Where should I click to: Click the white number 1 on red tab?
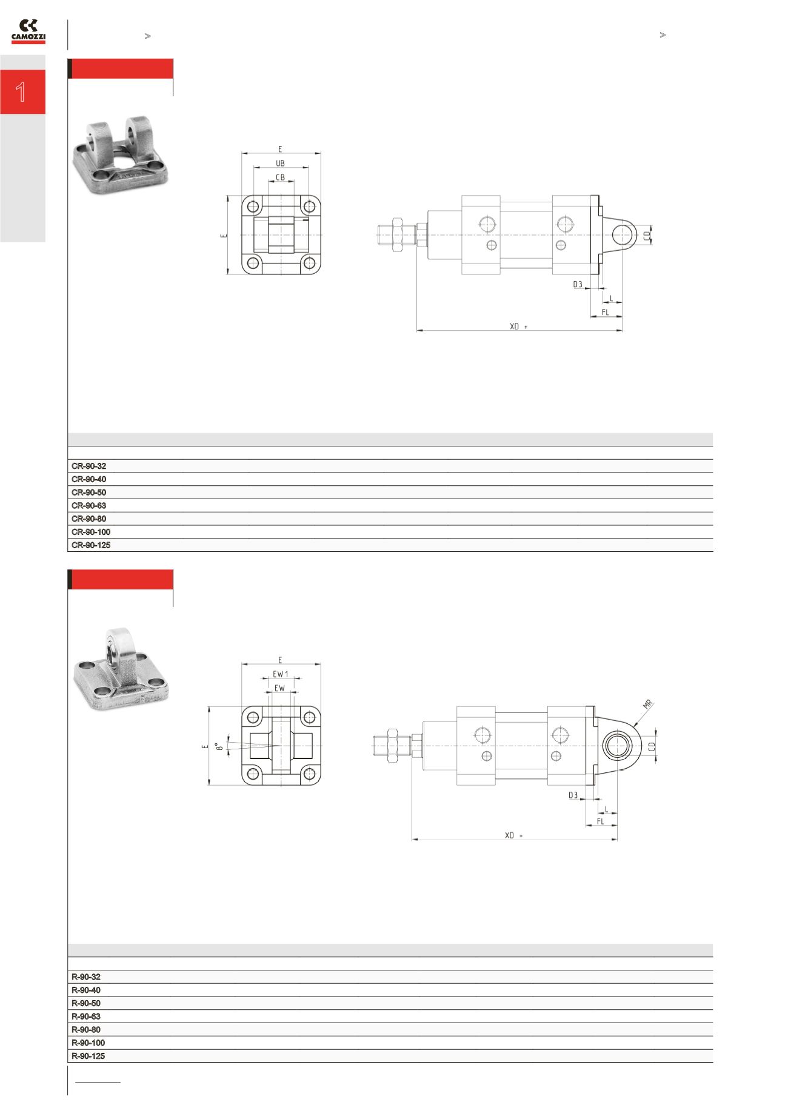point(22,92)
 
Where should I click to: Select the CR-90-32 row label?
point(88,466)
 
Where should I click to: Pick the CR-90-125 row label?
point(91,545)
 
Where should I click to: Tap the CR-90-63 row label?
point(88,506)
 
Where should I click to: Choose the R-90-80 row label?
point(86,1030)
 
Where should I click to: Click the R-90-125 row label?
point(88,1056)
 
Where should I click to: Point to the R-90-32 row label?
point(86,977)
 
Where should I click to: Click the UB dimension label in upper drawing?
point(280,164)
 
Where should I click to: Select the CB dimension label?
point(280,177)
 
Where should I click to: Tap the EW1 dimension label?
point(280,674)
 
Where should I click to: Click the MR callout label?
point(647,705)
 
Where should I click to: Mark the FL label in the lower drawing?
point(601,821)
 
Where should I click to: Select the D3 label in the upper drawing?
point(577,284)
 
